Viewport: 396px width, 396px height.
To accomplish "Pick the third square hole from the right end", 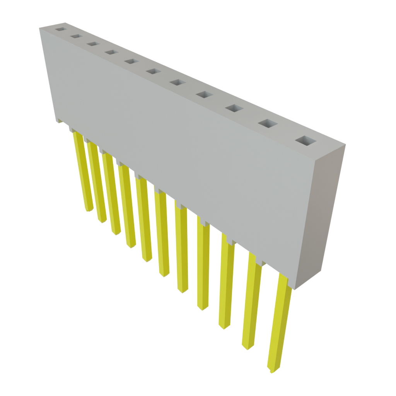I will [234, 108].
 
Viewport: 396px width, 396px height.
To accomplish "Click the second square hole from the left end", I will [75, 36].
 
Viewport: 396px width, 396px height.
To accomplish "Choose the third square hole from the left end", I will [92, 44].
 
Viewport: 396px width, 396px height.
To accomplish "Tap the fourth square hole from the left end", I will [111, 52].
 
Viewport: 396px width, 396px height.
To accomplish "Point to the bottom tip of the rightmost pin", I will [272, 369].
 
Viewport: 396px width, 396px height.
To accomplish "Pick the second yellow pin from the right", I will [251, 302].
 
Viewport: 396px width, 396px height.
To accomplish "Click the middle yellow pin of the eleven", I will [162, 236].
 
